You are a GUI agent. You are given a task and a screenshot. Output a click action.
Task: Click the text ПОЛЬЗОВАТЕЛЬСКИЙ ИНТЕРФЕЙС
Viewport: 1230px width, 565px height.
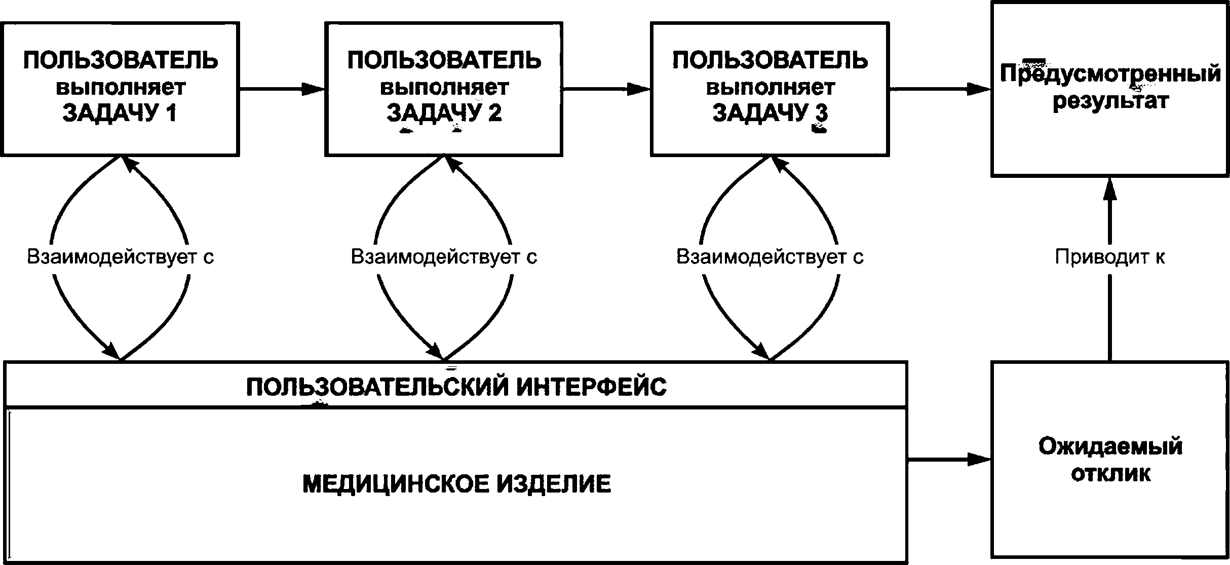click(x=456, y=387)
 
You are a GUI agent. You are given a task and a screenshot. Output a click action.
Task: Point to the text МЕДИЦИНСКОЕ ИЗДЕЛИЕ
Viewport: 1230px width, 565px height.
click(x=456, y=483)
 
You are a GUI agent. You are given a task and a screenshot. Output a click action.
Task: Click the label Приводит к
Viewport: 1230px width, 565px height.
click(x=1110, y=257)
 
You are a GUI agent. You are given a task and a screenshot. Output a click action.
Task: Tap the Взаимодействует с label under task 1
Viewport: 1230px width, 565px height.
click(x=121, y=257)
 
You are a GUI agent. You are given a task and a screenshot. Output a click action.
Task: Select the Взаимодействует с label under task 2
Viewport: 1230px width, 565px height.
click(x=444, y=257)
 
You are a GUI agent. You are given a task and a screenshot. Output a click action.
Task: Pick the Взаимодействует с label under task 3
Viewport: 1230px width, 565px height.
click(x=770, y=257)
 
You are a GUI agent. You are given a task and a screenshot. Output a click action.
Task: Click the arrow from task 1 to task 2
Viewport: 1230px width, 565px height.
click(x=282, y=89)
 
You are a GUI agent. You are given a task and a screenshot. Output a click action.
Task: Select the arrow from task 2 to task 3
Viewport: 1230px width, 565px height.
click(x=607, y=89)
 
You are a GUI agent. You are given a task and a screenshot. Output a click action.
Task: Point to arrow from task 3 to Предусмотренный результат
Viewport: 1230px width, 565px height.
click(x=940, y=89)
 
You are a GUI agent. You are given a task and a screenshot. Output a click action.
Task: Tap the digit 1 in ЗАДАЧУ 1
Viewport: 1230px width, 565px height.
click(x=172, y=113)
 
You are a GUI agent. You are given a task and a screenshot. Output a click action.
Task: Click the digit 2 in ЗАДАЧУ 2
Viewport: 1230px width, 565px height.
click(x=494, y=113)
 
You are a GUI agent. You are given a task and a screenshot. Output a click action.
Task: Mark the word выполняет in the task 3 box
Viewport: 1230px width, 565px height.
click(x=770, y=87)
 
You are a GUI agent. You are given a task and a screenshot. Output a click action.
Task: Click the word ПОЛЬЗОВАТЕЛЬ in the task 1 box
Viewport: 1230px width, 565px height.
click(x=121, y=61)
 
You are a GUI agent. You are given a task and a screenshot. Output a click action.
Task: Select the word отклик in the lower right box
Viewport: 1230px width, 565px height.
click(x=1110, y=473)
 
